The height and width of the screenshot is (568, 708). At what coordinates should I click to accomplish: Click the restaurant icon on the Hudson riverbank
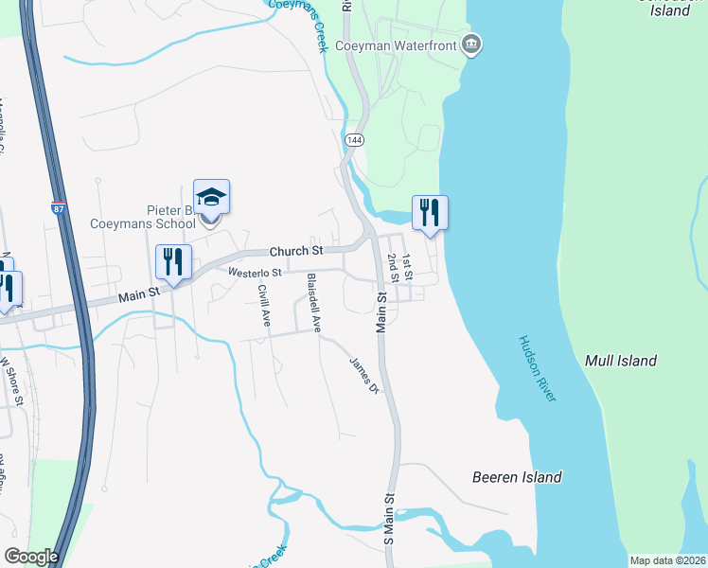(430, 213)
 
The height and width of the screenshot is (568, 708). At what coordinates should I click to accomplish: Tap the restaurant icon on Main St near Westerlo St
(173, 262)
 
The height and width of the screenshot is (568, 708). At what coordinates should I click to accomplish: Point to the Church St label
(296, 251)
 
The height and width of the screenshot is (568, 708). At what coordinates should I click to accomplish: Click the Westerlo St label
(255, 273)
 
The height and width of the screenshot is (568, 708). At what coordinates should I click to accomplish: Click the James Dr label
(363, 376)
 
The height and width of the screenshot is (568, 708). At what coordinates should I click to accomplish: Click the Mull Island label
(621, 361)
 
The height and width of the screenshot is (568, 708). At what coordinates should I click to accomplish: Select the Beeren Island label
(517, 477)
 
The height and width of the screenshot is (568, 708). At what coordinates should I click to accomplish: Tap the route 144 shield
(354, 140)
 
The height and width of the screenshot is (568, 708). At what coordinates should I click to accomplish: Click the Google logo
(31, 557)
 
